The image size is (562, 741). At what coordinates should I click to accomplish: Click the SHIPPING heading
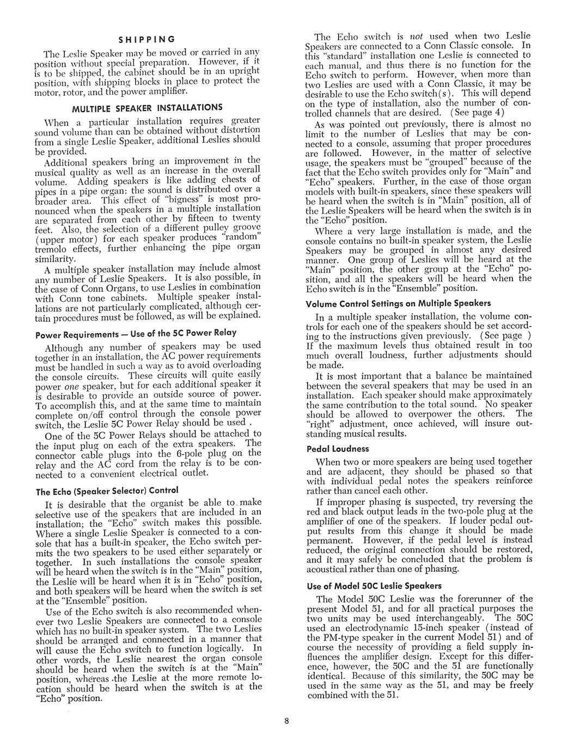pos(147,39)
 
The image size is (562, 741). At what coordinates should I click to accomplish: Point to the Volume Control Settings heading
pos(398,303)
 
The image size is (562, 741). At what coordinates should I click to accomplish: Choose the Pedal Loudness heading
pos(338,449)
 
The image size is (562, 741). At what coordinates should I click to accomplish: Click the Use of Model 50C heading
pos(374,586)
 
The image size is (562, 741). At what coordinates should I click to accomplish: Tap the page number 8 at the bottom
pos(285,722)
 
